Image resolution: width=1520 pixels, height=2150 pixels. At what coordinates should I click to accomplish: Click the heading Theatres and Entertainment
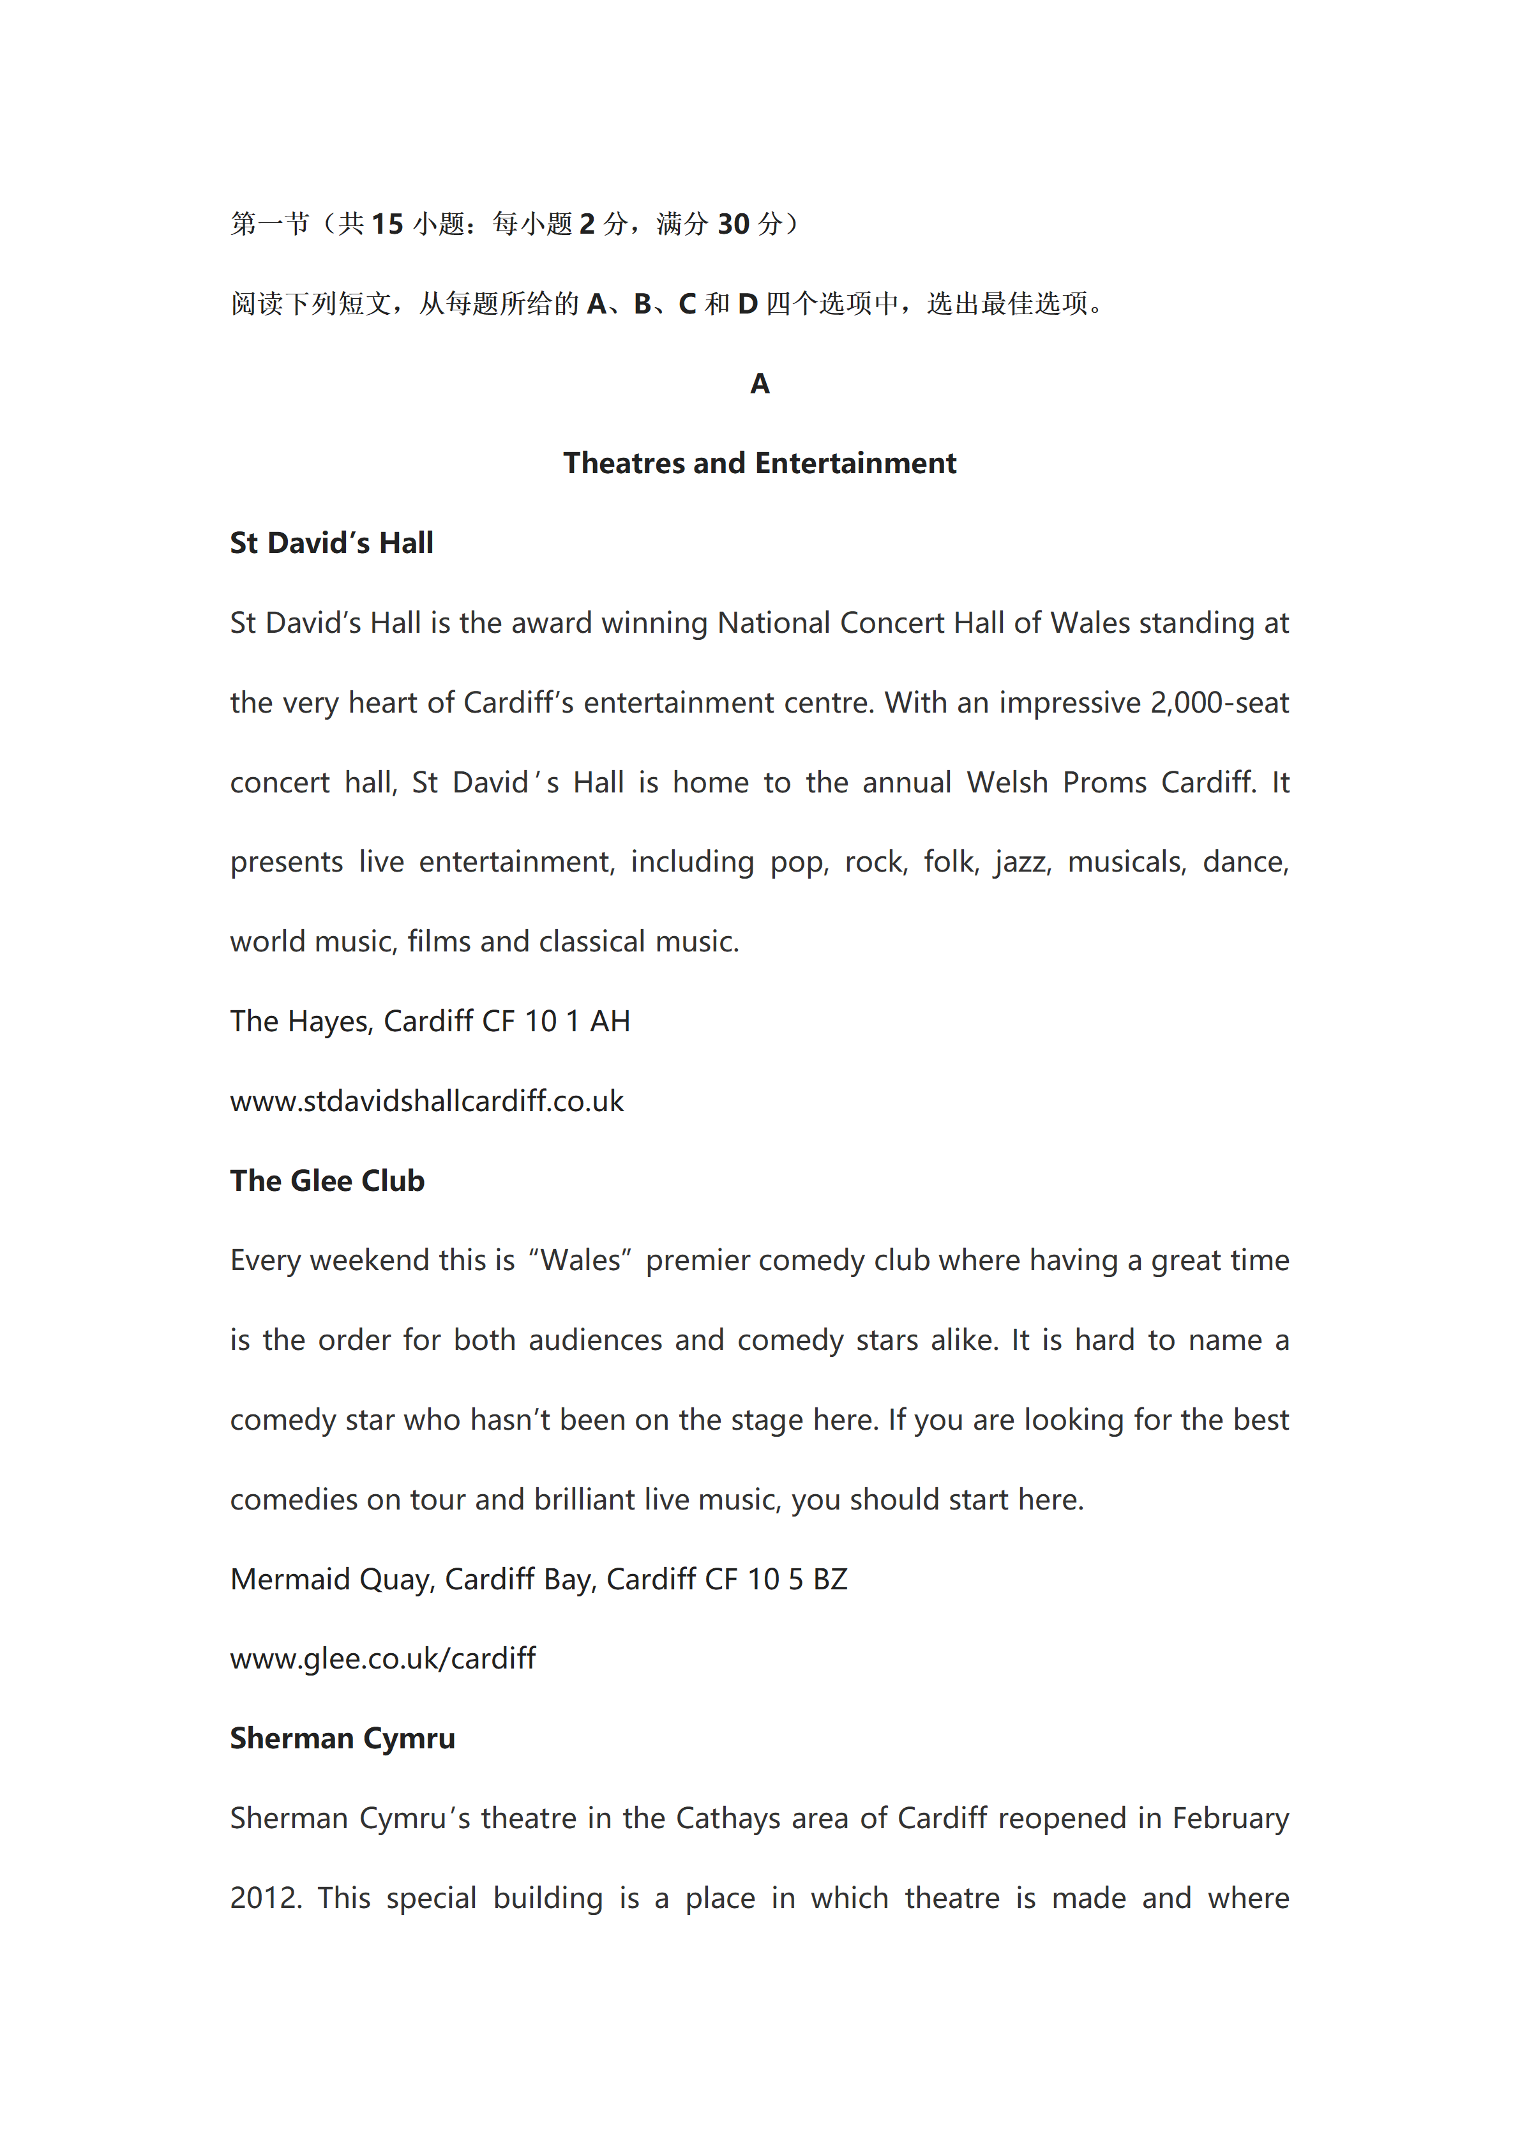pos(759,464)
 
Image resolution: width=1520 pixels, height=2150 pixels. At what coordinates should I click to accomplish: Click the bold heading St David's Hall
pos(331,543)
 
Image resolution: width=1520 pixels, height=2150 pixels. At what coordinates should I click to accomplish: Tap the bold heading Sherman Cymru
pos(343,1738)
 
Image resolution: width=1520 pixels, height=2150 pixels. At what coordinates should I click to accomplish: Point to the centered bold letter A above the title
pos(759,384)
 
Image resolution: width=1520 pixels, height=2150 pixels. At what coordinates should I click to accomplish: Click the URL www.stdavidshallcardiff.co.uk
pos(427,1101)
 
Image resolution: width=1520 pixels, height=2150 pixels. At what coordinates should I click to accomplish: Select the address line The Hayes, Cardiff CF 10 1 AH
pos(430,1022)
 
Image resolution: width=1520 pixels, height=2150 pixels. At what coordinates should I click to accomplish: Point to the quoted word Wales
pos(580,1260)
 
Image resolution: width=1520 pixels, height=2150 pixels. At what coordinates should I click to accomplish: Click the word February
pos(1230,1819)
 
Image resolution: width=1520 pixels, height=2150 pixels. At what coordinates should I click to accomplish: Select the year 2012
pos(265,1898)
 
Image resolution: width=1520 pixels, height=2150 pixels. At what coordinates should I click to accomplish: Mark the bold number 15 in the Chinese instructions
pos(387,225)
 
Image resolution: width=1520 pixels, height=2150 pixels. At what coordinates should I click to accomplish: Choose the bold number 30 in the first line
pos(733,225)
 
